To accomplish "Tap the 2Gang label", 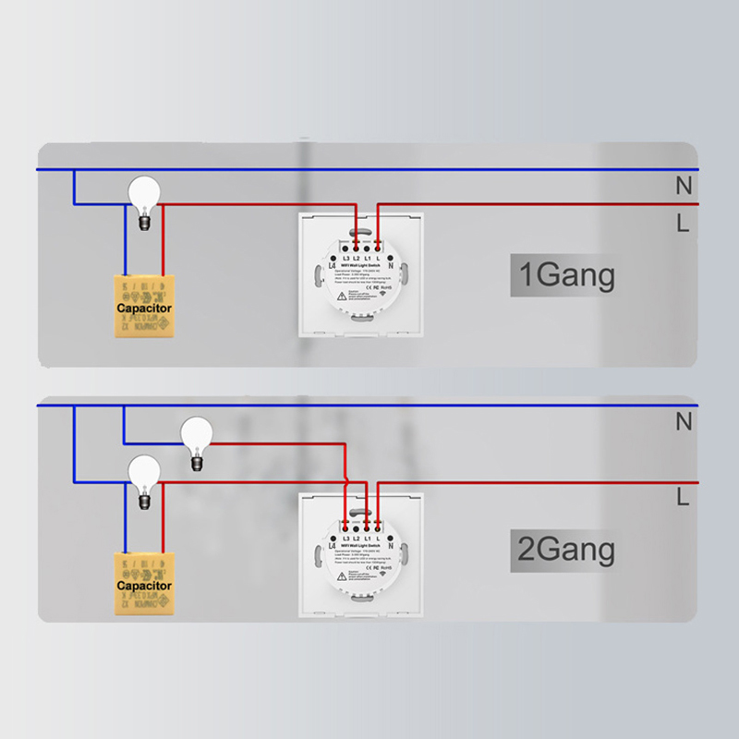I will [x=563, y=551].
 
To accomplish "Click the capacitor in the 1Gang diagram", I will [x=143, y=307].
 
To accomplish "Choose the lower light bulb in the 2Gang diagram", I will [x=144, y=477].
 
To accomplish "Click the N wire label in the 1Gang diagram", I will [x=683, y=185].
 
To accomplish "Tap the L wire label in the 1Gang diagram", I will [x=683, y=223].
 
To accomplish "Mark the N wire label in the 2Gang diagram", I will [x=683, y=422].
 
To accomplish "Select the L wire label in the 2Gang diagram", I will [x=683, y=498].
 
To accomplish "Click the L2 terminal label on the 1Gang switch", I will [x=356, y=257].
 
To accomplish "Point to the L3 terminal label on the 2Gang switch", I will [x=344, y=537].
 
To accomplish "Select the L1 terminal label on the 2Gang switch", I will [x=367, y=537].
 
